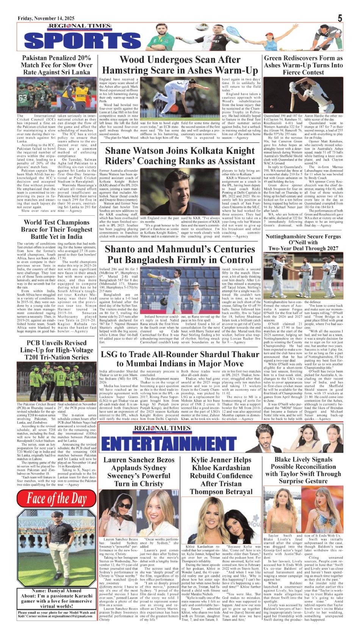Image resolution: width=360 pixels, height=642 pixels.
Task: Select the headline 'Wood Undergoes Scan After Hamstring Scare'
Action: [x=180, y=65]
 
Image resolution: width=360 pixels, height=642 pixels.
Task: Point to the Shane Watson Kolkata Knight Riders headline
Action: [x=180, y=156]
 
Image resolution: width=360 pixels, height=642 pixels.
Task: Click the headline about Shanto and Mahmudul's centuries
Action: [x=180, y=254]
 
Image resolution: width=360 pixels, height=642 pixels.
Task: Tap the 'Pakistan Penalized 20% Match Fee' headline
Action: [x=56, y=65]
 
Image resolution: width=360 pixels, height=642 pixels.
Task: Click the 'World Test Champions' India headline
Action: [x=56, y=229]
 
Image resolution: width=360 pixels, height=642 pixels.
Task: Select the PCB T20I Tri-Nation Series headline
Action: [x=56, y=350]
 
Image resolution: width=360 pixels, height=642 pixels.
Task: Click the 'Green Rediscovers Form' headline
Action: [x=303, y=65]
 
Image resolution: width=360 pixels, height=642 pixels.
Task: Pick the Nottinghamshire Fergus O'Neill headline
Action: [x=303, y=242]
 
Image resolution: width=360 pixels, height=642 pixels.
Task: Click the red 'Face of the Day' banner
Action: [x=56, y=498]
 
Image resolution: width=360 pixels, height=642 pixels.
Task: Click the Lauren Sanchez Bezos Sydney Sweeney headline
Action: [x=139, y=471]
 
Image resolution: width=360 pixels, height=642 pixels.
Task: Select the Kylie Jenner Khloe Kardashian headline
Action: [x=221, y=475]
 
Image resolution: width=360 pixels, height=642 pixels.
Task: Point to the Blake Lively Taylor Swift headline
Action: [x=303, y=470]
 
